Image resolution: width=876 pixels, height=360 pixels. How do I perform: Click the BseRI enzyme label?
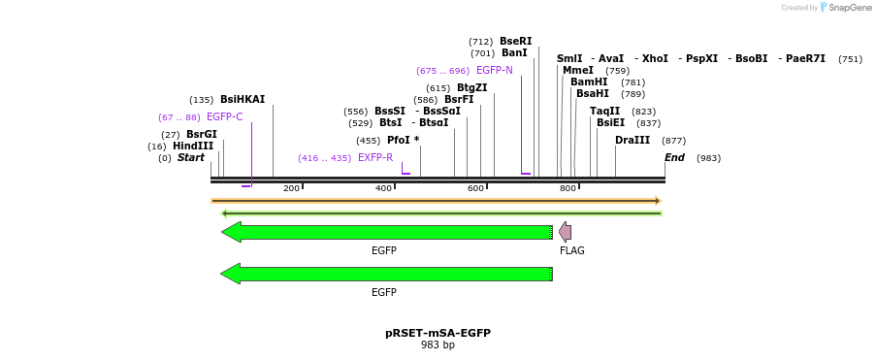click(x=515, y=42)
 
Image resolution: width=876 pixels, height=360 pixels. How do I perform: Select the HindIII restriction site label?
click(x=193, y=147)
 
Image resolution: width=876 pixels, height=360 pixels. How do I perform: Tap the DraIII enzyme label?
click(x=633, y=141)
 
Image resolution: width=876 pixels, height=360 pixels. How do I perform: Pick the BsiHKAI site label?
click(x=242, y=100)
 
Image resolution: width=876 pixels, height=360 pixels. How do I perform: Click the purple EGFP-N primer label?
click(x=494, y=71)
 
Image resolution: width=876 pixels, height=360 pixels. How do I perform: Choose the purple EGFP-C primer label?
click(x=224, y=117)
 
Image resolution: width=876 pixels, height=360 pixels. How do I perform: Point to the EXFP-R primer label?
click(x=374, y=158)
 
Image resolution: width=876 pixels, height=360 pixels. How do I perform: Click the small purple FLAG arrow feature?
click(x=565, y=232)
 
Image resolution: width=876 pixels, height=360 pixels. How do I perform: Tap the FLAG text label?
click(x=571, y=251)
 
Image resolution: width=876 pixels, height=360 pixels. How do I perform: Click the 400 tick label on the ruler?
click(x=384, y=188)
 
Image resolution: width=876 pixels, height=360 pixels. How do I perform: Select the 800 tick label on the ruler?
click(x=568, y=188)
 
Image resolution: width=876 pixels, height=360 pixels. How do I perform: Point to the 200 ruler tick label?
click(x=291, y=188)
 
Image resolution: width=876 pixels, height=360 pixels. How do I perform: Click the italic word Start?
click(x=190, y=158)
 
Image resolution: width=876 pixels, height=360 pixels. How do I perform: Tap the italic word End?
click(x=674, y=158)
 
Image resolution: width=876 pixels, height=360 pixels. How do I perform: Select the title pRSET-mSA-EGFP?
click(x=438, y=333)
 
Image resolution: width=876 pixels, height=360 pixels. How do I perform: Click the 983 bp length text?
click(x=438, y=345)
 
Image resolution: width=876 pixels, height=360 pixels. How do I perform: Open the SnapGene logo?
click(x=845, y=8)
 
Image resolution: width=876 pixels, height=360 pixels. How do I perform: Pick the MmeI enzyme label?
click(x=577, y=71)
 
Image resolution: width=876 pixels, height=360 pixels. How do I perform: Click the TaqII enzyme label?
click(x=604, y=112)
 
